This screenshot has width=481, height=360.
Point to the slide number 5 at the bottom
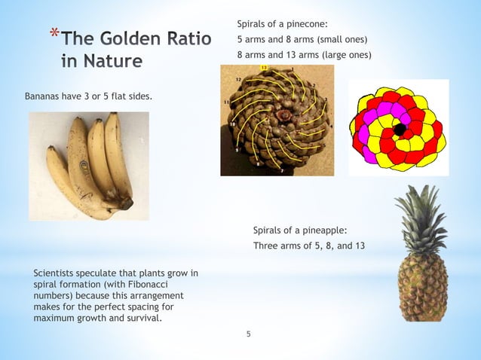(x=249, y=334)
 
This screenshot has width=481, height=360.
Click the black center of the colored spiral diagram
(x=399, y=129)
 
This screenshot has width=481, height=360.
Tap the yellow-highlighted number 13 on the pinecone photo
(x=264, y=68)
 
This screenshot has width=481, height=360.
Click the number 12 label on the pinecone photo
(x=237, y=79)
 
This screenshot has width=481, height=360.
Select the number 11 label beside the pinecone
(x=226, y=101)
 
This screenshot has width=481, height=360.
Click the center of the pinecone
(x=285, y=117)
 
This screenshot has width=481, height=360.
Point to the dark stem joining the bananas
(x=125, y=201)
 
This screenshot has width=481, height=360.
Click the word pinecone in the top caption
(x=308, y=24)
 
